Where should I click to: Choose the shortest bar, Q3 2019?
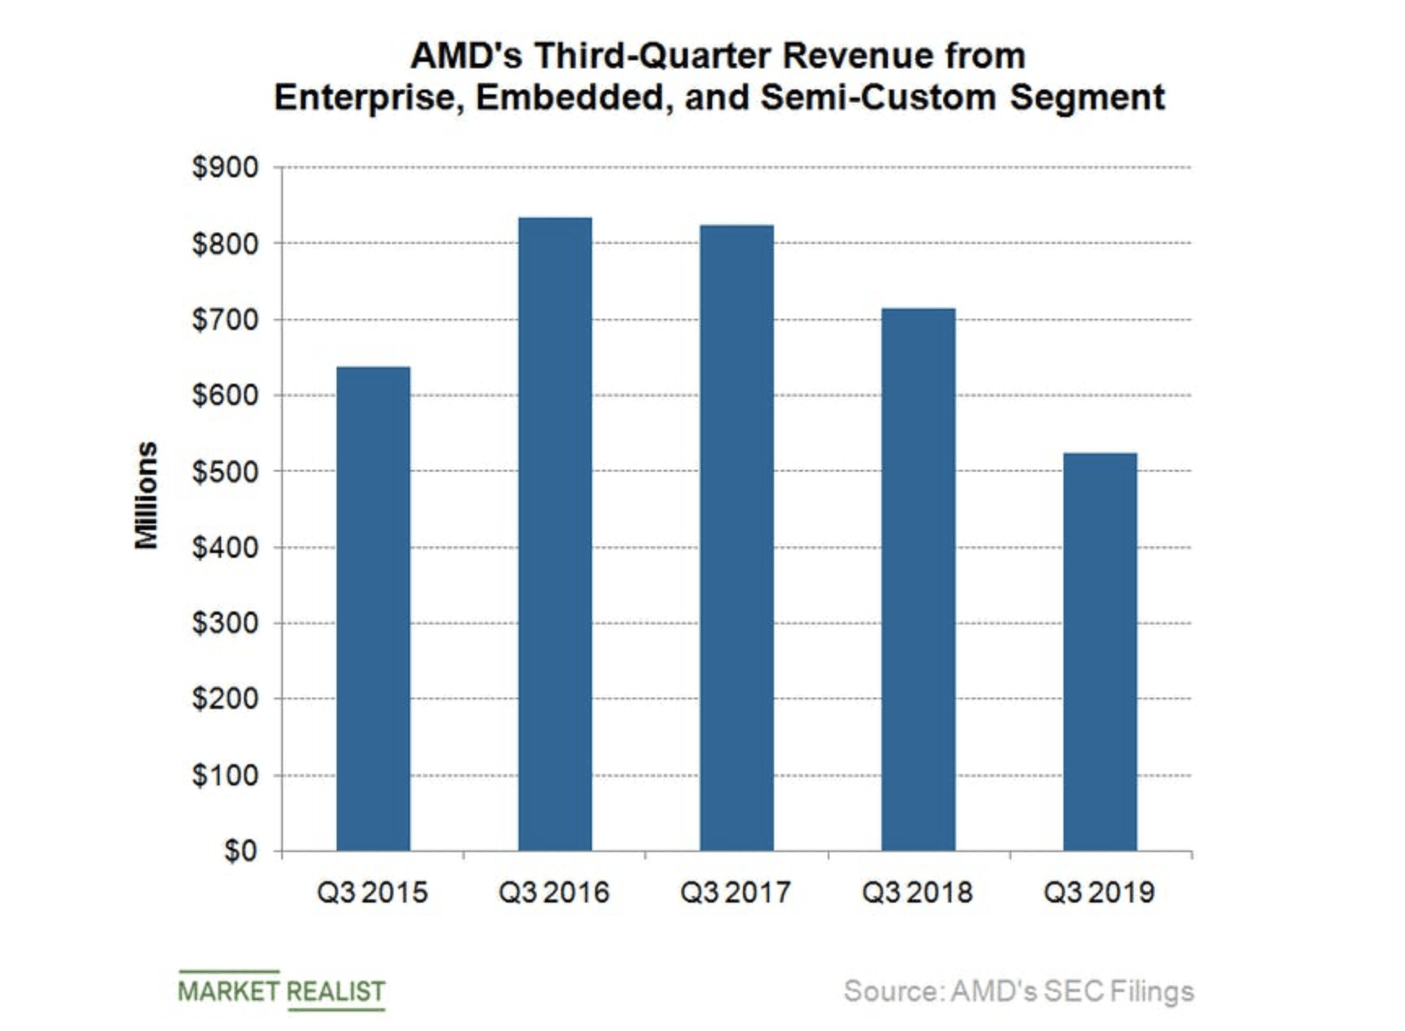[x=1100, y=651]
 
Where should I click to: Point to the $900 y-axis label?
[x=225, y=167]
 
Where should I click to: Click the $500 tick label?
[x=225, y=472]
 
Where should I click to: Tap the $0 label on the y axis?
[x=241, y=851]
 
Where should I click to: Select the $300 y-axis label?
[x=225, y=624]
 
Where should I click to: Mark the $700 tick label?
[x=225, y=320]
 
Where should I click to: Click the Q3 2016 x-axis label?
[x=554, y=893]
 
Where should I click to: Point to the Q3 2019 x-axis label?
[x=1098, y=893]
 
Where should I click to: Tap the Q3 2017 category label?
[x=735, y=893]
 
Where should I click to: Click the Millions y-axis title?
[x=146, y=495]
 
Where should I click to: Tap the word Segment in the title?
[x=1087, y=98]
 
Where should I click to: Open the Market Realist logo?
[x=281, y=991]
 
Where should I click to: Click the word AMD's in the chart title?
[x=466, y=56]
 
